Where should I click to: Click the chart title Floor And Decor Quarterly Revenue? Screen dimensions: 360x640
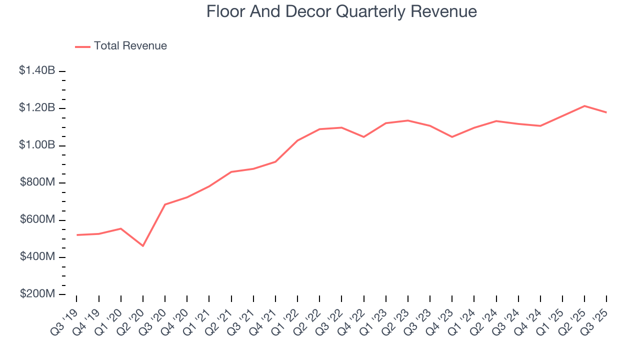point(341,11)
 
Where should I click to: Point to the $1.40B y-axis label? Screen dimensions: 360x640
point(37,71)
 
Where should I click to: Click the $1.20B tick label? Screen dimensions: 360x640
point(37,108)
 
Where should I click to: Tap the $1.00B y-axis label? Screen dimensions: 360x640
point(37,145)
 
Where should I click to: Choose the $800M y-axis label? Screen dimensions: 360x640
point(37,183)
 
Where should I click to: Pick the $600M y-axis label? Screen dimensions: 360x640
point(37,220)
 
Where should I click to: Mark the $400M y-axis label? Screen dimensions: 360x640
point(37,257)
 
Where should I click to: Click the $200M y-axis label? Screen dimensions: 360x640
point(37,294)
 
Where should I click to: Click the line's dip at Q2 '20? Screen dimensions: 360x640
point(143,246)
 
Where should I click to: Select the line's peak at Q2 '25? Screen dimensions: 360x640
point(584,106)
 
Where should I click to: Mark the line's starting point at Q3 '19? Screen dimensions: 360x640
point(77,235)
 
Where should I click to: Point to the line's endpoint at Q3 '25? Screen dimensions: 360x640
point(606,112)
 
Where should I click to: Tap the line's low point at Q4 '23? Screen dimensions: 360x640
point(452,137)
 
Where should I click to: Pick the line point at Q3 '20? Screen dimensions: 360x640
point(165,204)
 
